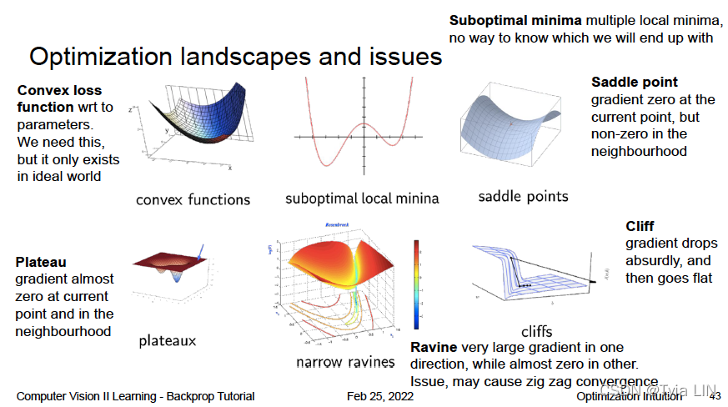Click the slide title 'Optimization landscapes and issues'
(x=235, y=58)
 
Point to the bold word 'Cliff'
(x=640, y=227)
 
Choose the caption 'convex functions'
(x=193, y=199)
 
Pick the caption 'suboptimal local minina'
(x=362, y=198)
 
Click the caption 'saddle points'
(x=523, y=197)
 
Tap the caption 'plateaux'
(x=168, y=340)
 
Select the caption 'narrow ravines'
(x=345, y=362)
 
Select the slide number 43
(x=715, y=396)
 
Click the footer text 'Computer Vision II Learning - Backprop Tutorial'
(x=135, y=396)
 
